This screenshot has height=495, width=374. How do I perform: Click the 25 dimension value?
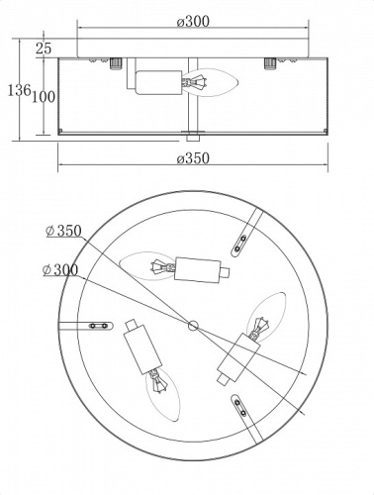43,47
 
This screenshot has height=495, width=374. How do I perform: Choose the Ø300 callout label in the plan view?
62,268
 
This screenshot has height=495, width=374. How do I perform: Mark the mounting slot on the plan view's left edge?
96,323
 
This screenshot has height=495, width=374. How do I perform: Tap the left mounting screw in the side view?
112,64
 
